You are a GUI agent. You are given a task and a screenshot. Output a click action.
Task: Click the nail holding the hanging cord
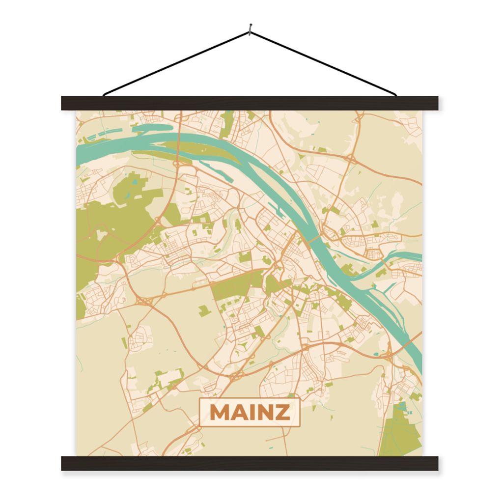(x=250, y=31)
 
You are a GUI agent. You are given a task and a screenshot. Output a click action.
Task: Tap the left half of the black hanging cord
(x=177, y=63)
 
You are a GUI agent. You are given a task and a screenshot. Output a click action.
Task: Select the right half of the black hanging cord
(x=324, y=63)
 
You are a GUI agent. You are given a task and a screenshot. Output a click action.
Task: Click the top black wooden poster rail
(x=250, y=103)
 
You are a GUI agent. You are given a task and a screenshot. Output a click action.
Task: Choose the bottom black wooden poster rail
(x=250, y=463)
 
